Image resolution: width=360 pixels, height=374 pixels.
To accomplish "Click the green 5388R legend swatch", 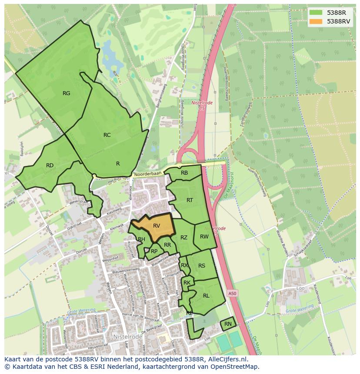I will tap(316, 13).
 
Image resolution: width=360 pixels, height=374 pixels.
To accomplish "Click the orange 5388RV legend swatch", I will tap(316, 21).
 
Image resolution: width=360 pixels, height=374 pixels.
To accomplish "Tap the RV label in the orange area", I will tap(157, 226).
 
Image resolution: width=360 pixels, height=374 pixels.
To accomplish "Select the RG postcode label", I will tap(66, 93).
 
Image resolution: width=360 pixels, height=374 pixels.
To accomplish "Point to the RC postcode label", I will tap(107, 135).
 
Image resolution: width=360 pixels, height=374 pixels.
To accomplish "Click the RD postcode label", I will tap(50, 165).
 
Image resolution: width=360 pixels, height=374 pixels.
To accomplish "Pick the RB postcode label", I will tap(184, 173).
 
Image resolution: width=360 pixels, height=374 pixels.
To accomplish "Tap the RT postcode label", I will tap(190, 200).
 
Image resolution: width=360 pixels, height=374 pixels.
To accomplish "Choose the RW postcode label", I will tap(204, 237).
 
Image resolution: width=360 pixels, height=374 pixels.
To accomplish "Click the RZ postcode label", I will tap(184, 238).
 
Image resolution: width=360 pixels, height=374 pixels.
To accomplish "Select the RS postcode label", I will tap(202, 266).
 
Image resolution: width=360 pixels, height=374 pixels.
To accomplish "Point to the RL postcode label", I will tap(206, 296).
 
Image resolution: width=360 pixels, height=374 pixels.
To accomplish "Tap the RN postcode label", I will tap(228, 324).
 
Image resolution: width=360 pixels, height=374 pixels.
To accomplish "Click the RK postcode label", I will tap(187, 283).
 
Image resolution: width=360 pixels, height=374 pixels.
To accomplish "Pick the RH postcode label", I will tap(141, 239).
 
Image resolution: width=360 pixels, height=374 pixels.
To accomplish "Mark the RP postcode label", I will tap(154, 251).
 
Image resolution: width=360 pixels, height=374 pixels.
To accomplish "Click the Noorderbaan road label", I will tap(148, 173).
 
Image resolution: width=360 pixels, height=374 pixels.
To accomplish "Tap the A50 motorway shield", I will tap(233, 294).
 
